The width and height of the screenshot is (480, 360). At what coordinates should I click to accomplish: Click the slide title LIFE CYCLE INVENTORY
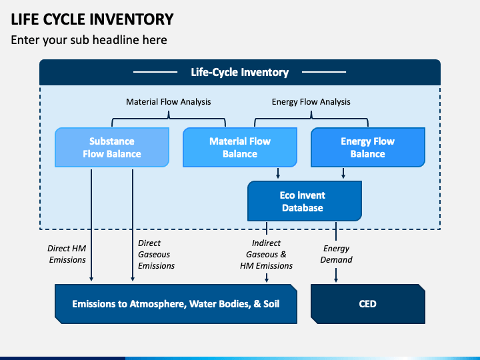pos(92,19)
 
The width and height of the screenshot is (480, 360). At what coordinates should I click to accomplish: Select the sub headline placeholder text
pos(89,40)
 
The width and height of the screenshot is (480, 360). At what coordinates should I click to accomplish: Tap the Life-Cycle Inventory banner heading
pos(240,72)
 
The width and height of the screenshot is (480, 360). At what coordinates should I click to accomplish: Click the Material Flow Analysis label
pos(169,101)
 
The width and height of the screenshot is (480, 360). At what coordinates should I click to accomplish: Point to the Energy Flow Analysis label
pos(311,101)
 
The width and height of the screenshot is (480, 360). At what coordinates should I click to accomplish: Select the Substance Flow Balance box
pos(112,147)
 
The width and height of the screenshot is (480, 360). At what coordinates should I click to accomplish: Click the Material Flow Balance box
pos(240,147)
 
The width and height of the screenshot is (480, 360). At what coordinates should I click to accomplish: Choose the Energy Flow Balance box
pos(367,147)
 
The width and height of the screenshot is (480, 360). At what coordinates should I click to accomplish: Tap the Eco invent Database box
pos(304,201)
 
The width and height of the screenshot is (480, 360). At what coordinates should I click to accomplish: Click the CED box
pos(367,304)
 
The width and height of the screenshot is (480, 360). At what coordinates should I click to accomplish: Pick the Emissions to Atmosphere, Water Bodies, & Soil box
pos(176,304)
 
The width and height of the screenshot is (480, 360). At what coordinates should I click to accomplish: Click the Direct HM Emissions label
pos(67,254)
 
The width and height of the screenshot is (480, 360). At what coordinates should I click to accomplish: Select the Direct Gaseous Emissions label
pos(156,255)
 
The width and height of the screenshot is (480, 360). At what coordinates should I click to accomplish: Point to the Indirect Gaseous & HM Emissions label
pos(266,255)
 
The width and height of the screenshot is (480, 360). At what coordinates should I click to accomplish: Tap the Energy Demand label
pos(336,254)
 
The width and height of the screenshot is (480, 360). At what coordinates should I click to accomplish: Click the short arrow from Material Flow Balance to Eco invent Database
pos(278,173)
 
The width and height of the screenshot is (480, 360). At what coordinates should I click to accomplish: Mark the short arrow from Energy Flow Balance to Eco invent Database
pos(343,173)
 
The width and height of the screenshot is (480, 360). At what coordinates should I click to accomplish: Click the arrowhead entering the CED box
pos(336,279)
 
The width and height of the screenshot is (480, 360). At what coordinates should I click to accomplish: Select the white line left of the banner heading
pos(155,72)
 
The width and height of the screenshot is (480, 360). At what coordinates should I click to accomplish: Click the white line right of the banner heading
pos(324,72)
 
